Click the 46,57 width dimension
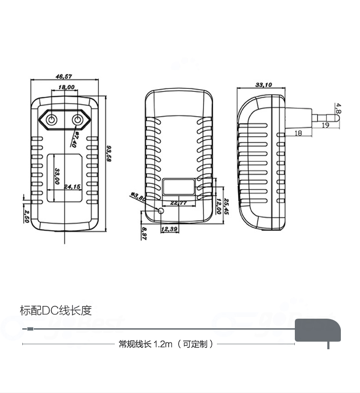[x=64, y=77]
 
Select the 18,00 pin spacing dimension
[x=66, y=87]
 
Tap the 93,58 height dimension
[x=109, y=154]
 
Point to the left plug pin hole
[x=51, y=120]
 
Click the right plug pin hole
[x=78, y=120]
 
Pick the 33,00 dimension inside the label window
[x=57, y=176]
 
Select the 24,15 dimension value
[x=72, y=186]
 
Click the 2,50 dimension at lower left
[x=26, y=216]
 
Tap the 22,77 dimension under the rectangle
[x=179, y=202]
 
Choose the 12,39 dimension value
[x=169, y=229]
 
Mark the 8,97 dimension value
[x=144, y=233]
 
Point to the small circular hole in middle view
[x=160, y=210]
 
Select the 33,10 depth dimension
[x=263, y=85]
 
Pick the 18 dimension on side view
[x=298, y=133]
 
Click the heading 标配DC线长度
[x=56, y=310]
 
